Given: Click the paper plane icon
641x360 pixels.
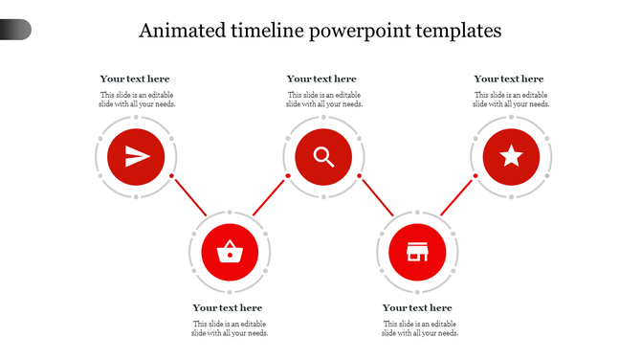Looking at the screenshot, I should point(136,157).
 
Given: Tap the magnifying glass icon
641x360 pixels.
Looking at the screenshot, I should point(323,157).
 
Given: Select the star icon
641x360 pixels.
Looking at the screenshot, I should point(512,157).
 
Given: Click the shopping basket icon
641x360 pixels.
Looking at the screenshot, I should point(230,253).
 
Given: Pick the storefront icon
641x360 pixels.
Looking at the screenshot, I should point(417,253).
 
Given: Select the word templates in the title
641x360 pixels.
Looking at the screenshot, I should point(456,31).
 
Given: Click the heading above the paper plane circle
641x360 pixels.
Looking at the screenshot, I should point(135,79).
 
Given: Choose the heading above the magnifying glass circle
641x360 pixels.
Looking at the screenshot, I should point(321,79).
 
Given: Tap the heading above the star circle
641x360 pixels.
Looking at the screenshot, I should point(509,79).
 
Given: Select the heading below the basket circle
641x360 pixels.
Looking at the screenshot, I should point(228,308).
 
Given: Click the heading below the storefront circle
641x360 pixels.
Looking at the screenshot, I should point(417,308).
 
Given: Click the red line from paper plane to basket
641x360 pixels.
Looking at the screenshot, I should point(189,196).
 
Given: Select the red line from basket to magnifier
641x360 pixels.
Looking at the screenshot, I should point(269,196).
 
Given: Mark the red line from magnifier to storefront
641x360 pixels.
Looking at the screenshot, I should point(377,196).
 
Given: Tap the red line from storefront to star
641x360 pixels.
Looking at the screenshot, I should point(457,196).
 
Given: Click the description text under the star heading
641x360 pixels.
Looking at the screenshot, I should point(511,100).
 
